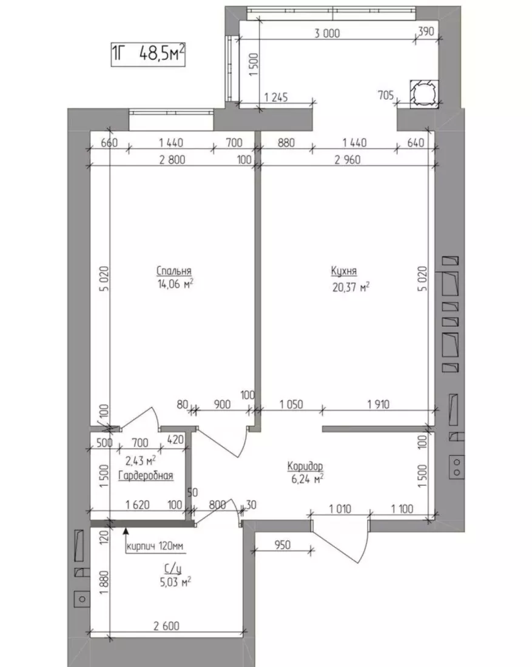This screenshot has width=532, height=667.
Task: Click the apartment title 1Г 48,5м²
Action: (148, 54)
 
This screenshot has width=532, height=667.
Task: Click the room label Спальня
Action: (173, 271)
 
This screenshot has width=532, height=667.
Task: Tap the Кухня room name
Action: (344, 271)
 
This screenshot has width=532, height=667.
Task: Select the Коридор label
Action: (305, 467)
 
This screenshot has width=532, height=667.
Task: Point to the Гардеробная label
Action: (146, 475)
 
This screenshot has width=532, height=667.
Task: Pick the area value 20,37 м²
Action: (351, 287)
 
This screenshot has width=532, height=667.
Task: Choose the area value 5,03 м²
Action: (175, 582)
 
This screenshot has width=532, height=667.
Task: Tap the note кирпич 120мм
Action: (155, 546)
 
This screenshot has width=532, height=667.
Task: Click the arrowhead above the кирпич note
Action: (126, 530)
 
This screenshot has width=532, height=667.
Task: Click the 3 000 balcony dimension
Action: (327, 33)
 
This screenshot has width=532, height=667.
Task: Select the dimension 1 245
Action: (276, 97)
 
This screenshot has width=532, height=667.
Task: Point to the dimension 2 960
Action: (348, 159)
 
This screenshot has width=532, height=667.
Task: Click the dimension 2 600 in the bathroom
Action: (166, 626)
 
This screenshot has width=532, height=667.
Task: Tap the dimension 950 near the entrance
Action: (282, 545)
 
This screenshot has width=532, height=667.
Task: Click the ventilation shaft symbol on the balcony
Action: (423, 92)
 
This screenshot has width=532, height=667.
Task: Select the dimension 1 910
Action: (379, 404)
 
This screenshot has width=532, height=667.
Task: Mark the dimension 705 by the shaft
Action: (386, 95)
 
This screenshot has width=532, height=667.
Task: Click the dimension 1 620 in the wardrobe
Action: (138, 505)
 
